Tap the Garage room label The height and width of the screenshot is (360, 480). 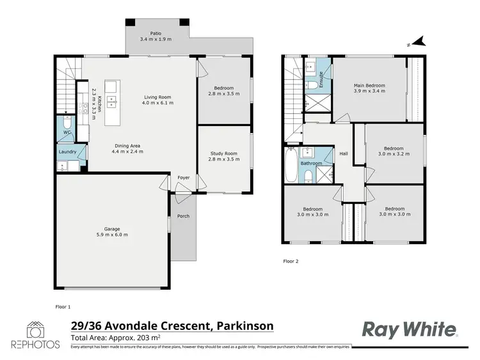(113, 228)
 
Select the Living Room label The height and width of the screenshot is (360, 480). (158, 98)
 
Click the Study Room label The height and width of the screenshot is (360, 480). (224, 153)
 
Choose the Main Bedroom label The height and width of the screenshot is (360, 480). (370, 85)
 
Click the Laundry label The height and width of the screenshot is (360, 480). (68, 152)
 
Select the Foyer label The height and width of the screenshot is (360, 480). (184, 178)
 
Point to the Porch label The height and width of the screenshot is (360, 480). (184, 216)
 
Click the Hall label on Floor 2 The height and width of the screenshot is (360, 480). (344, 154)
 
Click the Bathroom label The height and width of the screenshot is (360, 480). (312, 163)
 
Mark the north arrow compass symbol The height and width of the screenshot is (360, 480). (419, 42)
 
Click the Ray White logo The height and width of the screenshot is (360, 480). (410, 329)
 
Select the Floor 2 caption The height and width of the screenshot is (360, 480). (291, 261)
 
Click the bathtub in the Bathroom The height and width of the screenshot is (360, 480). (289, 164)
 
